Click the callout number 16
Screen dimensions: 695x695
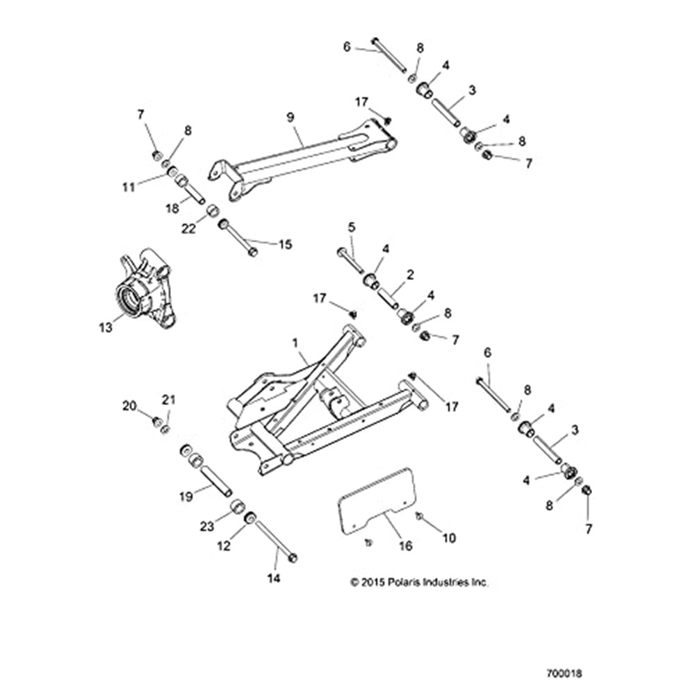[405, 546]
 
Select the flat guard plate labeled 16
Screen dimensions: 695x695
[379, 500]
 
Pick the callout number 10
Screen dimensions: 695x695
[450, 537]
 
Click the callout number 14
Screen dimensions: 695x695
[274, 578]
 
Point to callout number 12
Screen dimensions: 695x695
[223, 547]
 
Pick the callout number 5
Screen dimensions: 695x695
[351, 227]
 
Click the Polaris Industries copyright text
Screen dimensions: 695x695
[420, 582]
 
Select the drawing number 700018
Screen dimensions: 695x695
[564, 673]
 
